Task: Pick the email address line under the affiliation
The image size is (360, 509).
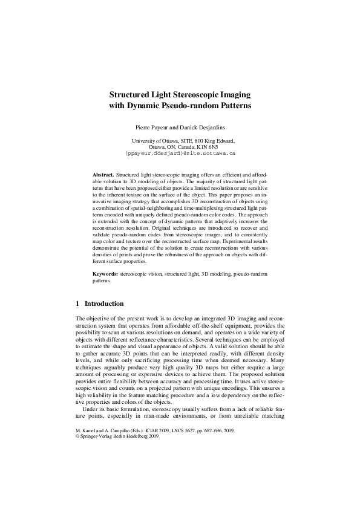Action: tap(180, 154)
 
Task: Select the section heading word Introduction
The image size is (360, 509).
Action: tap(104, 303)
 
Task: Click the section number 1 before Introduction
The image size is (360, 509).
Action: tap(77, 303)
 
